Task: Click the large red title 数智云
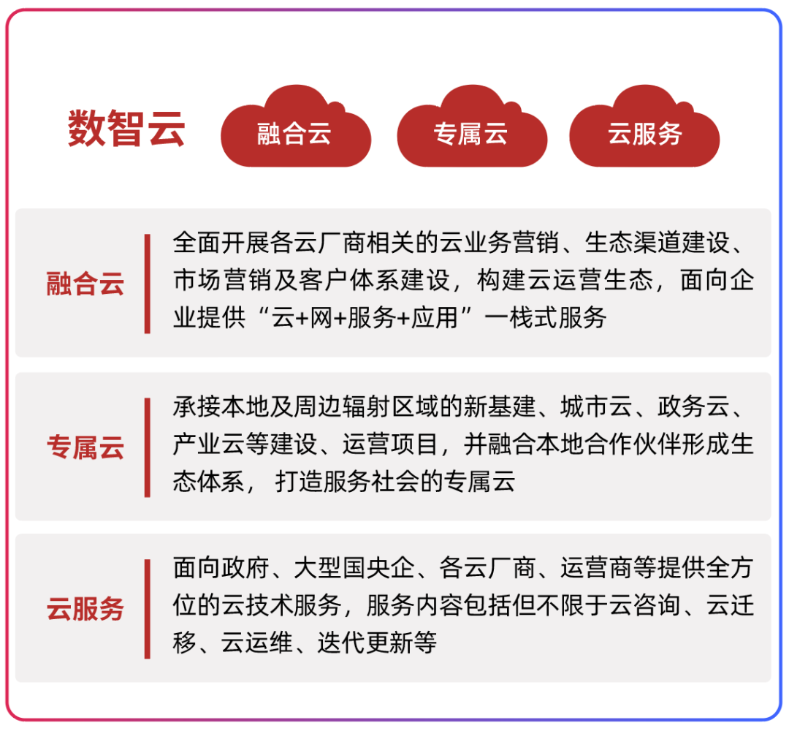126,129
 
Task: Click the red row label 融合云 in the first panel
85,284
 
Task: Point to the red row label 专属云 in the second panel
85,447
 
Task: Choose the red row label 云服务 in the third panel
85,609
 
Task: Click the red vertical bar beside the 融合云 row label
148,284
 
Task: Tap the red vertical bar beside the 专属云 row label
148,447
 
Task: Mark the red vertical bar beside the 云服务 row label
148,609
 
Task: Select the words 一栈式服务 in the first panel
546,318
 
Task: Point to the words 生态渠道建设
657,243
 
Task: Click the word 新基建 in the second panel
500,406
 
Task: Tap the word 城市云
596,406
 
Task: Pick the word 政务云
693,406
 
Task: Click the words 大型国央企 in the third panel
354,568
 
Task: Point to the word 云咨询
645,605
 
